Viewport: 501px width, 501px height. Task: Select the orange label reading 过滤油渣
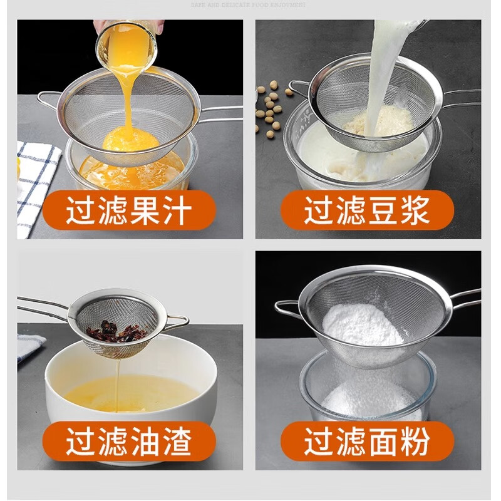coord(128,442)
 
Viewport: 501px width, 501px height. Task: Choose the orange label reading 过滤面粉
coord(367,442)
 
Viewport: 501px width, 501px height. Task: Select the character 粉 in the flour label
coord(416,442)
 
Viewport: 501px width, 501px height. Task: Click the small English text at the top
coord(250,4)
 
